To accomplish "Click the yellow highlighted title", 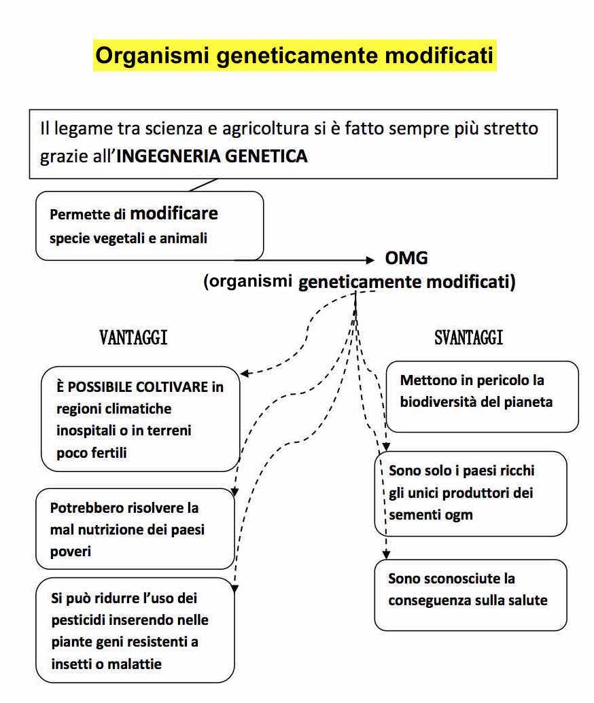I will point(295,55).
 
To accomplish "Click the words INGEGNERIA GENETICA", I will point(212,157).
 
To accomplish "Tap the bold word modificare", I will point(174,213).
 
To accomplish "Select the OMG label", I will point(406,259).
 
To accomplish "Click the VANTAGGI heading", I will point(133,338).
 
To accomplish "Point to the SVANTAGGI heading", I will point(469,338).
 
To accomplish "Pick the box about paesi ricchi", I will point(470,492).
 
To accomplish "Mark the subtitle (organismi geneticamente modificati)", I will point(359,282).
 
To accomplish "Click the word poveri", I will point(71,551).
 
